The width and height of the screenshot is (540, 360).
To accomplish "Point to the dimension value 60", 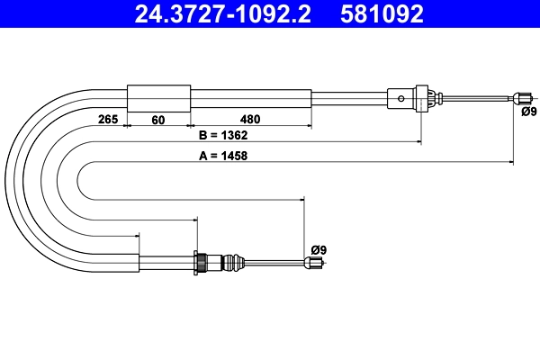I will (x=158, y=118).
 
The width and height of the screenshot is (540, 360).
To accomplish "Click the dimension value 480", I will (x=250, y=118).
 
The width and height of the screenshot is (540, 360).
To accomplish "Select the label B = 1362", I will (x=222, y=136).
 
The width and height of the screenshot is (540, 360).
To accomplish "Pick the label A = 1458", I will (x=222, y=155).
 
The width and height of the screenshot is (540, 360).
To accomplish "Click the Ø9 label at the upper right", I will (x=528, y=112).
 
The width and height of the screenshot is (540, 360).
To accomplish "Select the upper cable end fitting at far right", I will (x=519, y=97).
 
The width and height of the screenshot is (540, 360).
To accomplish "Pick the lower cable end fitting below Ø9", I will (x=312, y=263).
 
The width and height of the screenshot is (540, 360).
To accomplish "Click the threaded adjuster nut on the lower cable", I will (x=204, y=262).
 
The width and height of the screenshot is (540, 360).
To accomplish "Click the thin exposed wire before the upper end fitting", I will (x=477, y=97).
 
